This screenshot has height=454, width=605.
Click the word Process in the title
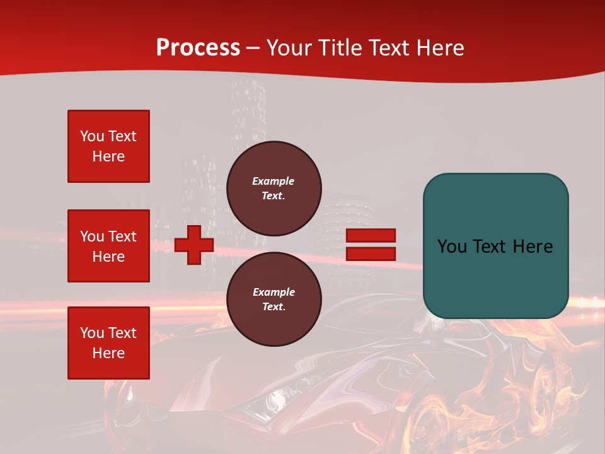coord(198,48)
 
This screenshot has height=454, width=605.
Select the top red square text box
coord(108,146)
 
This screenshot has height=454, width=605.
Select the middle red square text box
coord(108,246)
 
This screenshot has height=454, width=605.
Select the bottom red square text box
coord(108,343)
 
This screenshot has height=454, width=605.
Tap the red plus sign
coord(194,245)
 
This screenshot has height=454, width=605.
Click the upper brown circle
coord(274,189)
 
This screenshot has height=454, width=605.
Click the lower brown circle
coord(274,300)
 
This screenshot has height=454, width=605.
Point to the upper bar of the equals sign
coord(371,235)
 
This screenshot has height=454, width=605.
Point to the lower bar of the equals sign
coord(371,254)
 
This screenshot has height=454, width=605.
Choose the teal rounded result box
coord(495,246)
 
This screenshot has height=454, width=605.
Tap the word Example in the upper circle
coord(274,181)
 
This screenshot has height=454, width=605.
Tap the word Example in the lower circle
coord(274,292)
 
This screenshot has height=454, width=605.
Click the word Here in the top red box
coord(108,156)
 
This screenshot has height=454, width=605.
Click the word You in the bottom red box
coord(92,333)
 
